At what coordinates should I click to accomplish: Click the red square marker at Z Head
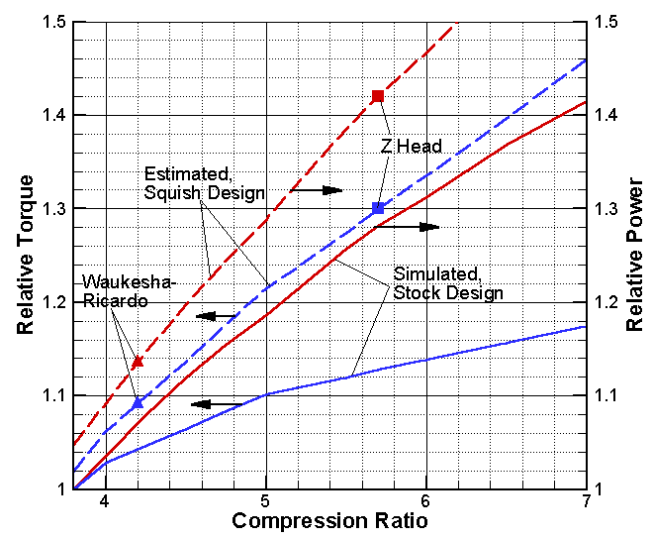click(x=377, y=96)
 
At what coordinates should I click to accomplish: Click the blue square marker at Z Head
click(x=377, y=208)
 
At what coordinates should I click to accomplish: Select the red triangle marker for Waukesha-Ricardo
click(x=138, y=362)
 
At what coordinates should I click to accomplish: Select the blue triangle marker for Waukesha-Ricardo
click(x=138, y=403)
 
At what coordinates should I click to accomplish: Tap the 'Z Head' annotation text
click(x=412, y=147)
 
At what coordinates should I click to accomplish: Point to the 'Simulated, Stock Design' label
click(x=448, y=282)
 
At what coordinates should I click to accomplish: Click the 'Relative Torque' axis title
click(x=27, y=255)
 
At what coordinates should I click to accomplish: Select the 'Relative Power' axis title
click(x=634, y=255)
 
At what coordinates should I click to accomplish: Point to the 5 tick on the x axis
click(x=265, y=502)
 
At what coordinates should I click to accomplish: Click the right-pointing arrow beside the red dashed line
click(x=317, y=189)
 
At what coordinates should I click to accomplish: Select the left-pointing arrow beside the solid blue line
click(x=215, y=404)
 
